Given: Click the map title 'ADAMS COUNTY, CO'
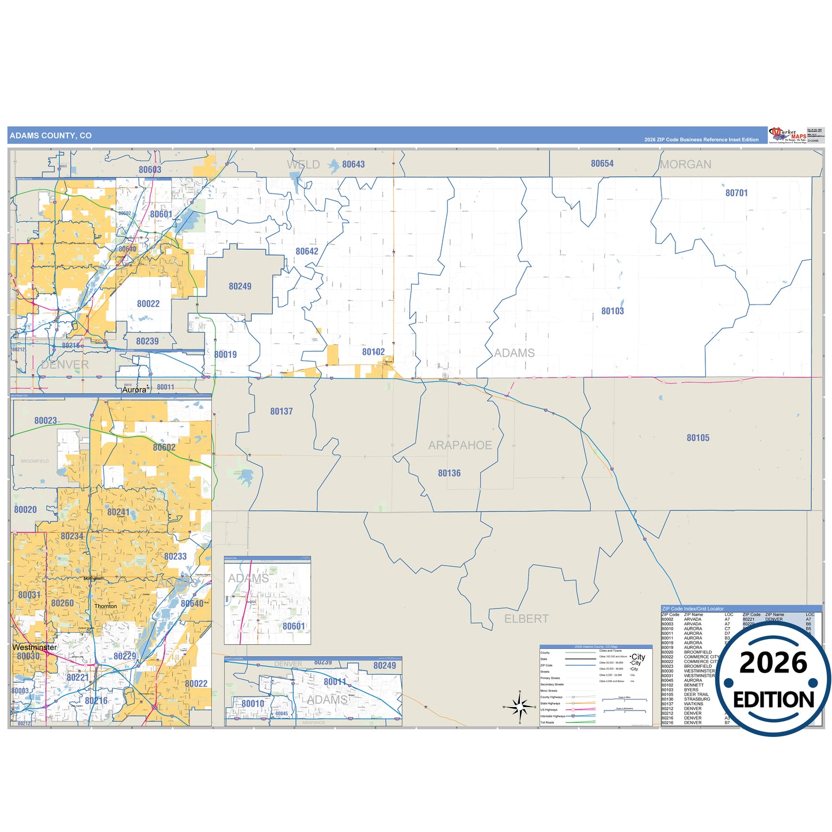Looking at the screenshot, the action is (x=51, y=136).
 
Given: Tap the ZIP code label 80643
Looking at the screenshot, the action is (x=353, y=165).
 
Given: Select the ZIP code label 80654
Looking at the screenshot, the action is (x=602, y=164).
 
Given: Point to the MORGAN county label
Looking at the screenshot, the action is (x=685, y=165).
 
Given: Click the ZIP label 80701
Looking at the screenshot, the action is (x=736, y=193).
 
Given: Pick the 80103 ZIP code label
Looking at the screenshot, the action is (x=612, y=311).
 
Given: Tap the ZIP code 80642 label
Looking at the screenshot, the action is (x=306, y=252).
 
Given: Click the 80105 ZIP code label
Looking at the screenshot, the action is (x=697, y=438).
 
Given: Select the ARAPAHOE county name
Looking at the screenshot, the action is (x=459, y=446).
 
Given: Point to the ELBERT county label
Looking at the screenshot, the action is (x=526, y=619).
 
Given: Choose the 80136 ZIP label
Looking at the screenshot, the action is (x=449, y=473).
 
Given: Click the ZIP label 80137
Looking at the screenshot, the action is (x=281, y=412).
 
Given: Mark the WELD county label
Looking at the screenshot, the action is (x=303, y=165).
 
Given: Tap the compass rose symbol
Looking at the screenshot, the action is (x=519, y=706).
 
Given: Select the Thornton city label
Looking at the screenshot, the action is (x=105, y=606).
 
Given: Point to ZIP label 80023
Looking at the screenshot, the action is (x=45, y=421).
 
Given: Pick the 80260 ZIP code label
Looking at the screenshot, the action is (x=62, y=603).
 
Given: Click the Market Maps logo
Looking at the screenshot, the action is (x=788, y=135).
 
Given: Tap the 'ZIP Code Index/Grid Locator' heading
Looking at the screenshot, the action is (x=693, y=609).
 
